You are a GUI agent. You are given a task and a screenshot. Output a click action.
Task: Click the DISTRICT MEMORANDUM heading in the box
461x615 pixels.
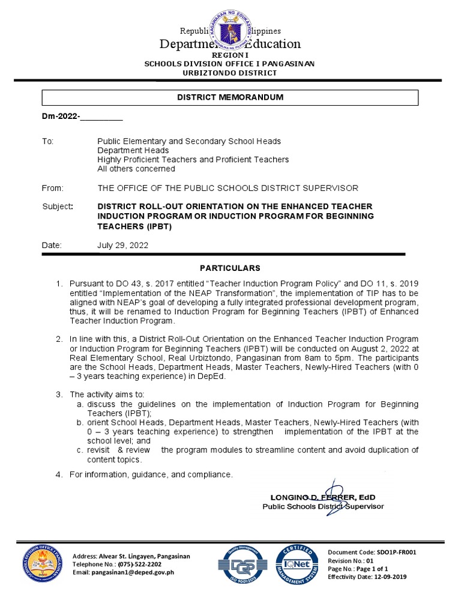[230, 97]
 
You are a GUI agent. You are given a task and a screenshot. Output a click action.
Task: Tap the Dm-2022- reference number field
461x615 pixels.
[82, 117]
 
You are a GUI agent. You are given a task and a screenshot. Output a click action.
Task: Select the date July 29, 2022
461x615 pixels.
[123, 246]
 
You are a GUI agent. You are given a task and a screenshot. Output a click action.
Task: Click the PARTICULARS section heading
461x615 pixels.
[230, 268]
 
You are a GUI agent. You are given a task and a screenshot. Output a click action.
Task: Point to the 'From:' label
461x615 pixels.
[52, 188]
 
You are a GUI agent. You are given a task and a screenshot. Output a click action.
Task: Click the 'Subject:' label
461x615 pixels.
[57, 207]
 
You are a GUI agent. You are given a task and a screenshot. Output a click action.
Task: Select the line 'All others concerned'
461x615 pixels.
[136, 169]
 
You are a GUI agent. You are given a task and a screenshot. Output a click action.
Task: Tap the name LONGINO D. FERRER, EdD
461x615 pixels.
[323, 497]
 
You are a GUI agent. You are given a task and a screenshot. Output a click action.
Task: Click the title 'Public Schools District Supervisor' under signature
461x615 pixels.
[323, 506]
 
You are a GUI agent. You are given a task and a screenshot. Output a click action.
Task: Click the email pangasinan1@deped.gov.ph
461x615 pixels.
[132, 572]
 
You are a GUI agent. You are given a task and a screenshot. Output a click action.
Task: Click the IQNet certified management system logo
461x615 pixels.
[294, 566]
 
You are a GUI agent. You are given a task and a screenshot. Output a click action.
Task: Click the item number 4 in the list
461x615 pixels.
[59, 475]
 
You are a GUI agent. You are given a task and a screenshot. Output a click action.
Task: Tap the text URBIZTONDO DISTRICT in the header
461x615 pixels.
[230, 73]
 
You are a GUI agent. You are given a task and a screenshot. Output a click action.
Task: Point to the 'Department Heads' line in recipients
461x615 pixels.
[133, 150]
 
